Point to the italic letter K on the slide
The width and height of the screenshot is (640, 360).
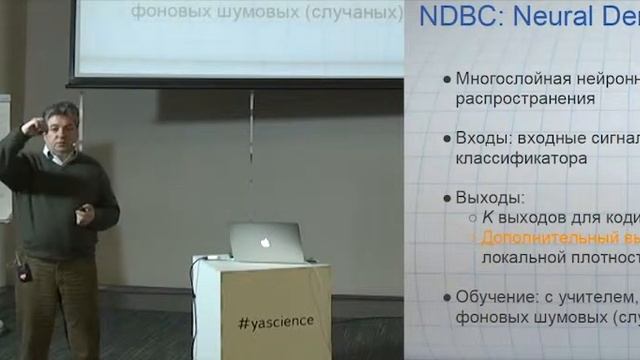click(487, 217)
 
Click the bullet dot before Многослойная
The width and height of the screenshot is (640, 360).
click(445, 79)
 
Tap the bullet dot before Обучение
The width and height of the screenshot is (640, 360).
click(445, 297)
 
